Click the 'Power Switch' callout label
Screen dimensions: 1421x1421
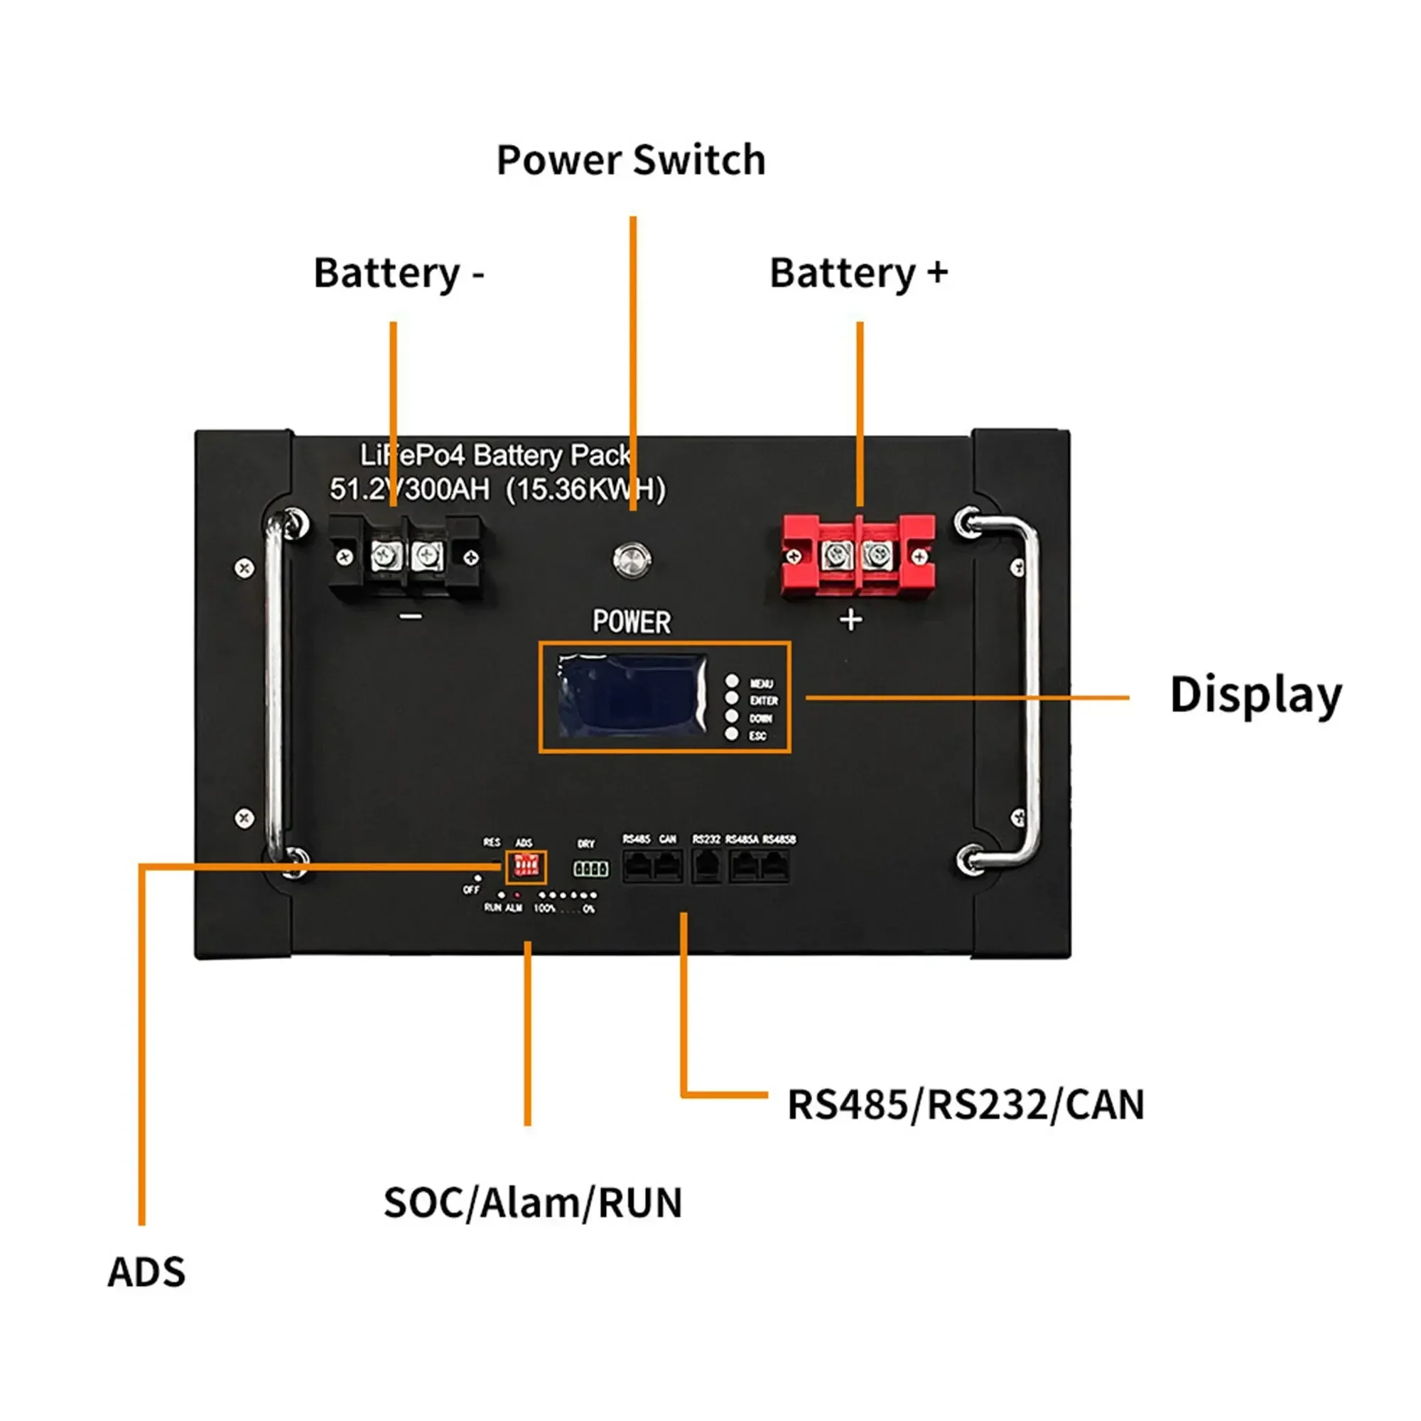[631, 160]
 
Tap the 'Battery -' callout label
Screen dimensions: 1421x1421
[399, 273]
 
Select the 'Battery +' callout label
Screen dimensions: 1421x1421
[858, 273]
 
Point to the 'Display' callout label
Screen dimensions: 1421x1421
[1255, 695]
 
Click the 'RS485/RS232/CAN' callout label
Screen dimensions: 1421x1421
[965, 1105]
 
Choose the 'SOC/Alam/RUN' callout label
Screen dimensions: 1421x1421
[532, 1203]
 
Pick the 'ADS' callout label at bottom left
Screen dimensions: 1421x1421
[146, 1272]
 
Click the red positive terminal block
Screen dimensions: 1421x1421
[858, 556]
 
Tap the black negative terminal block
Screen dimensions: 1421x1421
[406, 556]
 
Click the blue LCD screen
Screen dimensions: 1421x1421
[631, 695]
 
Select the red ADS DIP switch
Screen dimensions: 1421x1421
[526, 867]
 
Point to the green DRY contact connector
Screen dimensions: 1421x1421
[590, 870]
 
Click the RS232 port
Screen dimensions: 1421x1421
[706, 865]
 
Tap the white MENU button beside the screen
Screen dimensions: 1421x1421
[732, 681]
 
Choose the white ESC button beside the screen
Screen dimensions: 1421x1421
[732, 734]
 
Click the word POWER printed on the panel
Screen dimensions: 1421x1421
[631, 622]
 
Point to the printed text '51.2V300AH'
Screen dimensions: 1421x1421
[410, 489]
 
